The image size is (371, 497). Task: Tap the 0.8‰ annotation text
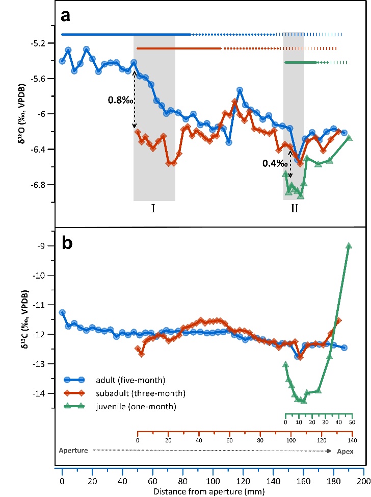click(118, 100)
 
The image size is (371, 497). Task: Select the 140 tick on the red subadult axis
click(352, 439)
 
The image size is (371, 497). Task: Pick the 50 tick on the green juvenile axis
click(352, 423)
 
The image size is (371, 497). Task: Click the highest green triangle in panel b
click(349, 245)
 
